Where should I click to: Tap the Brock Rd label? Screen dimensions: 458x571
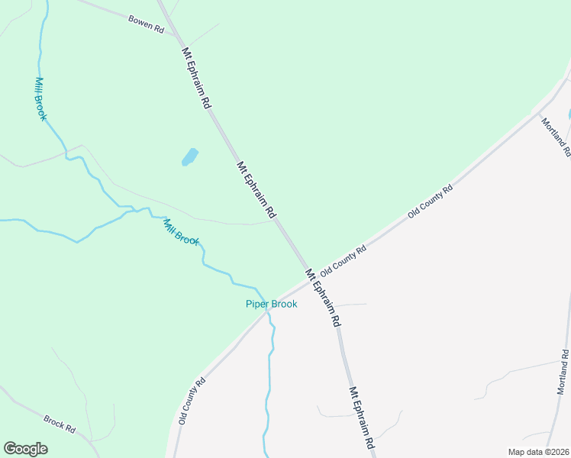click(59, 424)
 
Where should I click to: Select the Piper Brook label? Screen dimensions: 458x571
click(271, 304)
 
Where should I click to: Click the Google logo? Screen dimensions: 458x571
click(25, 449)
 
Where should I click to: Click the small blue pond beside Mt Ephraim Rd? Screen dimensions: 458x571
click(189, 157)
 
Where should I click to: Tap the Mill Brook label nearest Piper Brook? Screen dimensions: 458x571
click(181, 231)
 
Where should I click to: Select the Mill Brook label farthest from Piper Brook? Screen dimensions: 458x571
click(41, 98)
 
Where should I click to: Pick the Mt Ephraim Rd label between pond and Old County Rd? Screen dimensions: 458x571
click(255, 190)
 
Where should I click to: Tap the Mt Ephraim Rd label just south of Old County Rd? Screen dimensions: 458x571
click(323, 298)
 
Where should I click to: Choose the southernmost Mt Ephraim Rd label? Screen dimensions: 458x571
click(362, 418)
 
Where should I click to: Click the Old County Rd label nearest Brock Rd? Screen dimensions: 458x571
click(192, 401)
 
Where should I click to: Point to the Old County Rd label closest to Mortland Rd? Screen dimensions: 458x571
click(431, 201)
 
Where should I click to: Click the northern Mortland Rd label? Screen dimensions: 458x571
click(556, 136)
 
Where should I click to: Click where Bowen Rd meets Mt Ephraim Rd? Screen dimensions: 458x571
click(175, 34)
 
